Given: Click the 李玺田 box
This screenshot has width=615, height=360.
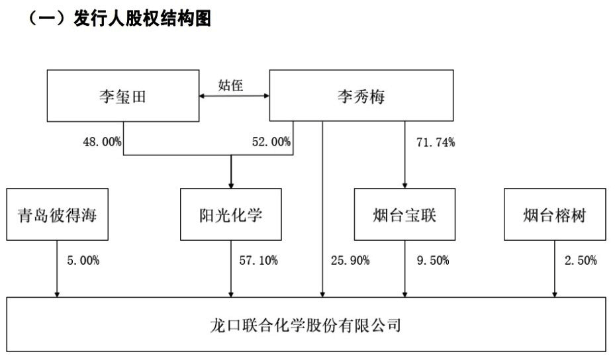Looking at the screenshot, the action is tap(123, 96).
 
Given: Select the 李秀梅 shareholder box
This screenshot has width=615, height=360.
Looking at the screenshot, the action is tap(361, 95).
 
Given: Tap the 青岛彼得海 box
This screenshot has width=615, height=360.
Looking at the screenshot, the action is tap(58, 214).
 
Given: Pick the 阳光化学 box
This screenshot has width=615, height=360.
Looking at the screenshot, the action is tap(231, 214).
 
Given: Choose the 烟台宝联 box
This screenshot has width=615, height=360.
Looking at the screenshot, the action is tap(404, 214).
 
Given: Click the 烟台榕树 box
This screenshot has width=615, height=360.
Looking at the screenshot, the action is tap(555, 214).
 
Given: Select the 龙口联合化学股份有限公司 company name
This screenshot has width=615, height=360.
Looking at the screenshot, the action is tap(306, 326).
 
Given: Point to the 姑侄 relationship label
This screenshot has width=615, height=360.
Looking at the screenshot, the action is tap(230, 85).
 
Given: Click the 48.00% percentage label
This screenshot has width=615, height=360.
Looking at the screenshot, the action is tap(102, 142).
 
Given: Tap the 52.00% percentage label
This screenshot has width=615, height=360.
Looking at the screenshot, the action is tap(271, 142).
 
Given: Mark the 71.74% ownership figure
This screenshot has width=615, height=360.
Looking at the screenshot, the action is tap(436, 142).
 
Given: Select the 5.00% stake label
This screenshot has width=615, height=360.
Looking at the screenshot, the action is tap(83, 260).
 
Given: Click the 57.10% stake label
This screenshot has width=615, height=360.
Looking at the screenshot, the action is tap(258, 260).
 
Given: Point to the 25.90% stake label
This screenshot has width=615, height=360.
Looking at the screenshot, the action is tap(350, 260).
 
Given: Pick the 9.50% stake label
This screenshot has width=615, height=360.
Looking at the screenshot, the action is tap(433, 260).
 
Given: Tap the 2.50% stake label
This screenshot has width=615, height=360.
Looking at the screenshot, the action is tap(581, 260).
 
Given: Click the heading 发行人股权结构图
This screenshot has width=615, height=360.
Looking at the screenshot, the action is tap(142, 18).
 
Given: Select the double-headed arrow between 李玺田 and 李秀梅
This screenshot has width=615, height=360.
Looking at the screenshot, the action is tap(234, 96).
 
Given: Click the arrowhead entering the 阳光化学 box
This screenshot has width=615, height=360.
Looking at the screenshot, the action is tap(231, 185).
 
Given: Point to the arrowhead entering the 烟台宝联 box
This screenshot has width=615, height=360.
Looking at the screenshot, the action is tap(404, 185).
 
